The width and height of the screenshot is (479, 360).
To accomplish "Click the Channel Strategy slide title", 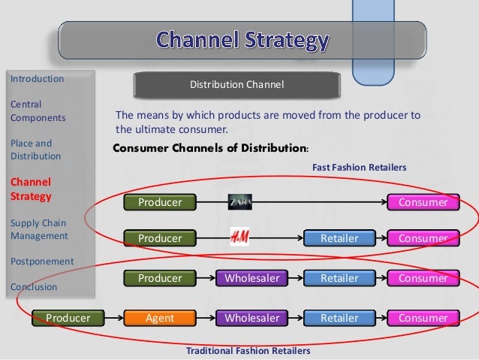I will (241, 40).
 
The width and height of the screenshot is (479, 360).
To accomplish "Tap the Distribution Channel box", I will (236, 84).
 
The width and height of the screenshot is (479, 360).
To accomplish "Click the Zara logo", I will (240, 201).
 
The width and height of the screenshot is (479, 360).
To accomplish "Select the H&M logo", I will (240, 238).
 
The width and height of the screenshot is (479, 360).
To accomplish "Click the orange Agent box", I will (160, 318).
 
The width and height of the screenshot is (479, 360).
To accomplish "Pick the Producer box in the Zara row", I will (160, 202).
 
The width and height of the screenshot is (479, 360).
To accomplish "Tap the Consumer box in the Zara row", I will (423, 202).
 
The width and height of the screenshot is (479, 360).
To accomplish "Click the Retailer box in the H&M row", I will (339, 238).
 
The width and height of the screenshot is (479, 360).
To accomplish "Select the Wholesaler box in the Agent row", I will (252, 318).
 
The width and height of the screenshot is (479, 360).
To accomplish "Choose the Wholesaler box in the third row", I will (252, 278).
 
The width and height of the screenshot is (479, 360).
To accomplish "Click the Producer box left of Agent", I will (68, 318).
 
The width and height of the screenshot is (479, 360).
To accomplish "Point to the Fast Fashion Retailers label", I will (358, 168).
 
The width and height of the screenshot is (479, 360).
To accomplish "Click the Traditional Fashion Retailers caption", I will (248, 351).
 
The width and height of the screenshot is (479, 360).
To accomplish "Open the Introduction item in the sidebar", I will (37, 78).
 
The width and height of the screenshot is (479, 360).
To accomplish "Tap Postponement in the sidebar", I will (42, 261).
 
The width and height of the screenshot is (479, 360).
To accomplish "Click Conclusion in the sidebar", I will (34, 286).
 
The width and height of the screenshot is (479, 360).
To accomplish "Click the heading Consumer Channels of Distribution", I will (206, 148).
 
